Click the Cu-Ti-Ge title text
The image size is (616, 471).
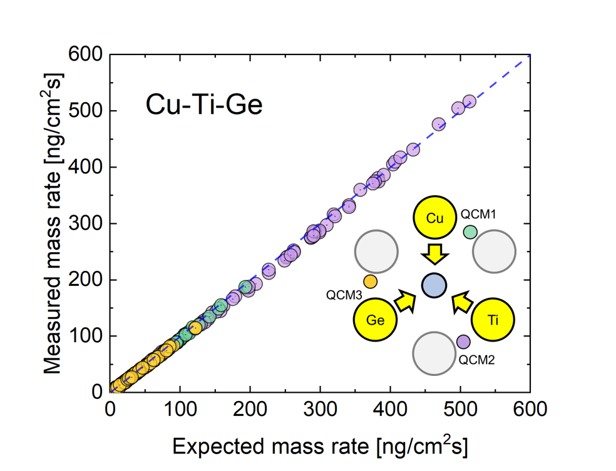[204, 105]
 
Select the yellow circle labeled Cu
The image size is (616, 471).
[434, 218]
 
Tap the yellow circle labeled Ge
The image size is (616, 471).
[375, 320]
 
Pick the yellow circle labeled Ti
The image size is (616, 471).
[493, 320]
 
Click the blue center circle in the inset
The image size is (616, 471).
[434, 286]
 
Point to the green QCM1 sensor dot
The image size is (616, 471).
[470, 232]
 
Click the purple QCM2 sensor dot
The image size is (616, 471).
[463, 342]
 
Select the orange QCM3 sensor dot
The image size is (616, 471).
[370, 281]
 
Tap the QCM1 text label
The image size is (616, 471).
[478, 214]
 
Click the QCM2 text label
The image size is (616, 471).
[478, 360]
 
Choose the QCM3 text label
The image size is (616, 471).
[344, 295]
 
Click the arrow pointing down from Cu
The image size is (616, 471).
[434, 254]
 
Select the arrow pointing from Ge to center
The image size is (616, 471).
[406, 301]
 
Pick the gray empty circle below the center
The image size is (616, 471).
[434, 353]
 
